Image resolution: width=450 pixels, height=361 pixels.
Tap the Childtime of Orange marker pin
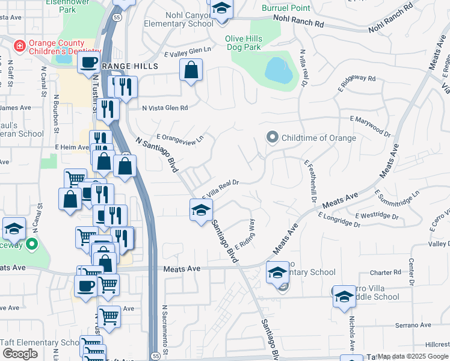272,138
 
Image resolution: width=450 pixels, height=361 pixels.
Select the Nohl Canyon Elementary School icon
221,10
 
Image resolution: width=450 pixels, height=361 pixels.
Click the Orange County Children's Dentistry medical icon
20,45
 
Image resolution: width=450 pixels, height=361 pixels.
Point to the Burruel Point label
286,8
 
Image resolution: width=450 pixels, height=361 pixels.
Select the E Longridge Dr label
339,220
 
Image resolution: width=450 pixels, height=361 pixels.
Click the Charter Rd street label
386,273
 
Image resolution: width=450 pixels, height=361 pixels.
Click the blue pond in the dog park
279,71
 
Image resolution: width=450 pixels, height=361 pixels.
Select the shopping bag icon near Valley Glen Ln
191,70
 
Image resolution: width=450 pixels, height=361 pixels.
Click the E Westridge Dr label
377,215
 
